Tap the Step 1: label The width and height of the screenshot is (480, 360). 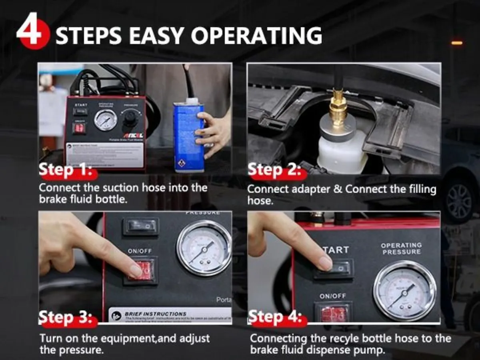(x=66, y=170)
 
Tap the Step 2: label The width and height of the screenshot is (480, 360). (x=275, y=170)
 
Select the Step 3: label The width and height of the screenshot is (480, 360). (x=66, y=318)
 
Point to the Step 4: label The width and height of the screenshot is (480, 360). (x=275, y=318)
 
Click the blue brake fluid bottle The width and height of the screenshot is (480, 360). (x=188, y=136)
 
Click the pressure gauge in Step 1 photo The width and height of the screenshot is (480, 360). (x=106, y=120)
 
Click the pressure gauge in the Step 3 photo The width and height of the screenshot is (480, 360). (x=204, y=248)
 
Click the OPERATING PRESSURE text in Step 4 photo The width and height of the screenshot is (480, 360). (x=401, y=248)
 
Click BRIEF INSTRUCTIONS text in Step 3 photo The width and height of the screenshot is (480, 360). (x=155, y=314)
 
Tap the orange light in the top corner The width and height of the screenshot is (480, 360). (x=457, y=42)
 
